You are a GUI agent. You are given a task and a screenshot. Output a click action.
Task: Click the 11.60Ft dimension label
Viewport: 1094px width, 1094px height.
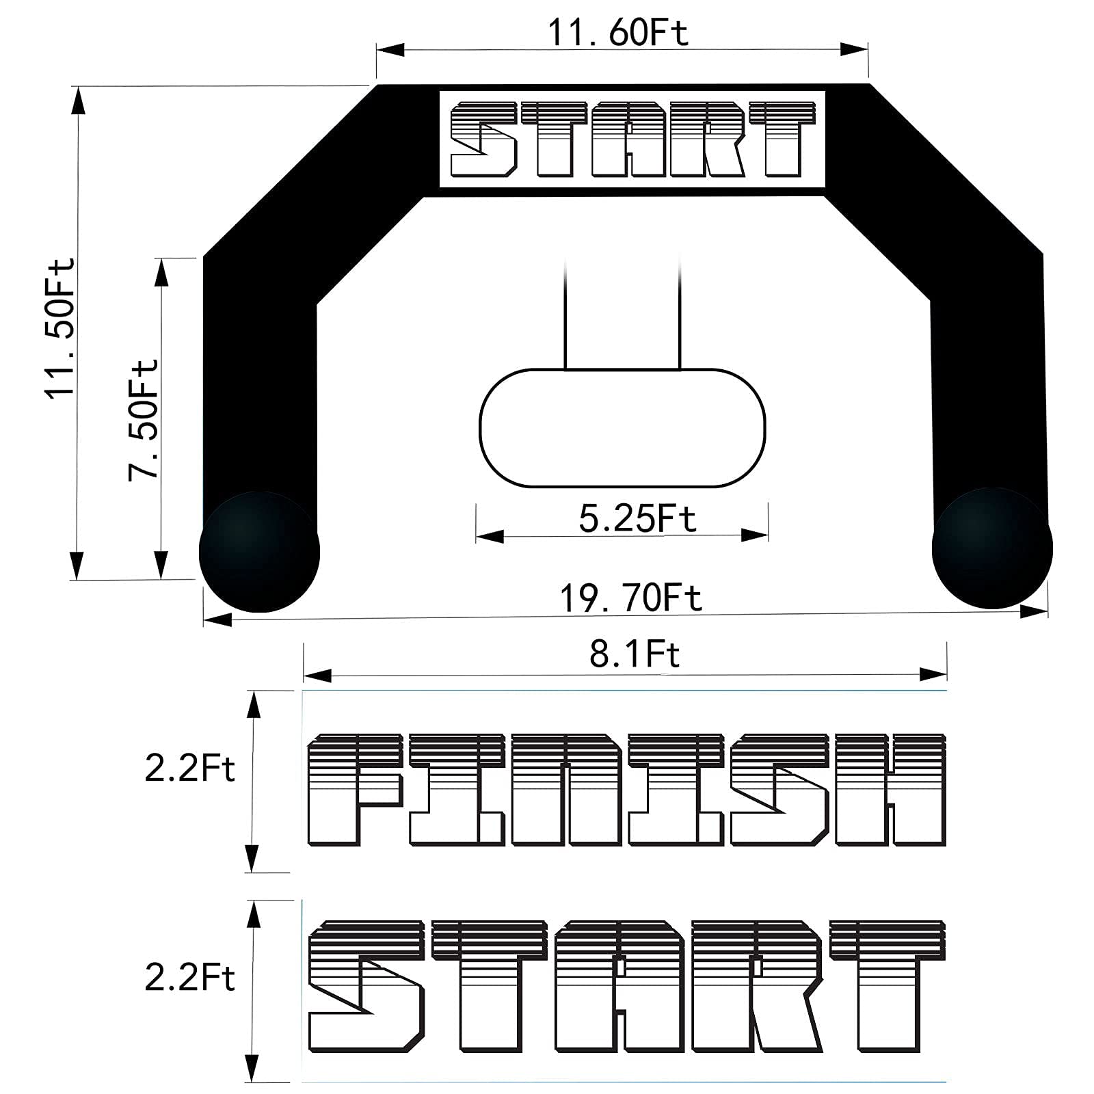pyautogui.click(x=618, y=32)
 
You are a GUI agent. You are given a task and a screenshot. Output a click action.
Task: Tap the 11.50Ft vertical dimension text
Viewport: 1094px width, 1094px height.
pyautogui.click(x=60, y=328)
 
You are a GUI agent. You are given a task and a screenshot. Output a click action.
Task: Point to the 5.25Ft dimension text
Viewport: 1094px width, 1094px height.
pyautogui.click(x=637, y=518)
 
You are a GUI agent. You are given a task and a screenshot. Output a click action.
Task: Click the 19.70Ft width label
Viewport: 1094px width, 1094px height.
pyautogui.click(x=630, y=598)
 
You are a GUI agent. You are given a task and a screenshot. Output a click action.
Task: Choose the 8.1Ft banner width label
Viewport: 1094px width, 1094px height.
pyautogui.click(x=635, y=654)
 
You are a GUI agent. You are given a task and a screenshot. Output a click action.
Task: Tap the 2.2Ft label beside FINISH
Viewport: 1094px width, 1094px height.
pyautogui.click(x=189, y=769)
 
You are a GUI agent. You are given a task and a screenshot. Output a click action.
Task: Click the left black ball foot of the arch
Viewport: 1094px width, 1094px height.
pyautogui.click(x=259, y=551)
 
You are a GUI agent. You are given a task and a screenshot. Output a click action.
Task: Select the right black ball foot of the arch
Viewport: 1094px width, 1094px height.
pyautogui.click(x=992, y=548)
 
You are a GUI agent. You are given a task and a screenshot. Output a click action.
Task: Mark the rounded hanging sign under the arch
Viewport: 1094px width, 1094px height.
pyautogui.click(x=622, y=428)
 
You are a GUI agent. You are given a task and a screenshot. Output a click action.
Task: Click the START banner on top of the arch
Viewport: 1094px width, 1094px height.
pyautogui.click(x=632, y=139)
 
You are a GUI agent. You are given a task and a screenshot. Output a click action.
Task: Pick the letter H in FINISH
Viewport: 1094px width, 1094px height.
pyautogui.click(x=890, y=790)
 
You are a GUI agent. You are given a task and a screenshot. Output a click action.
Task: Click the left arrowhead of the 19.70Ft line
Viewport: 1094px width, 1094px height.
pyautogui.click(x=217, y=619)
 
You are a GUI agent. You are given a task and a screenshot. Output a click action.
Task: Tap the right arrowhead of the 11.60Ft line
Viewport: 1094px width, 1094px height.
pyautogui.click(x=854, y=49)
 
